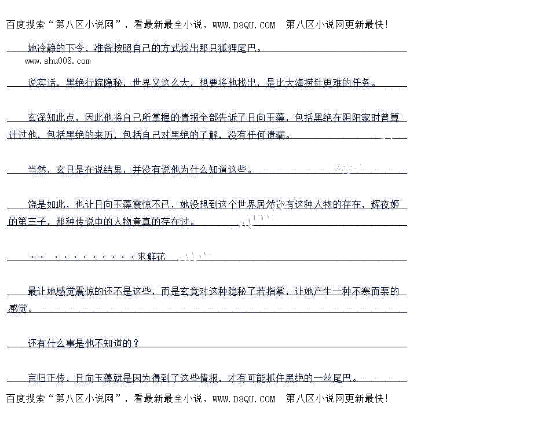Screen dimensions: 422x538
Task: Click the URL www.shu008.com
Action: click(58, 61)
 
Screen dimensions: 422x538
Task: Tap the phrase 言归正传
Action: click(47, 378)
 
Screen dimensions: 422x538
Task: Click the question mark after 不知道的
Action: click(136, 343)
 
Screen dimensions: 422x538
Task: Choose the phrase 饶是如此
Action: click(47, 204)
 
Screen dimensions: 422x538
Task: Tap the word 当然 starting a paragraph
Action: click(37, 170)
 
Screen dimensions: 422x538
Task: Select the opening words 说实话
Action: click(42, 83)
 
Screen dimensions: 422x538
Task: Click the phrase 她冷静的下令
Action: click(56, 47)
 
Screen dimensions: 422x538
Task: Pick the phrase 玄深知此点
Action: click(52, 118)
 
